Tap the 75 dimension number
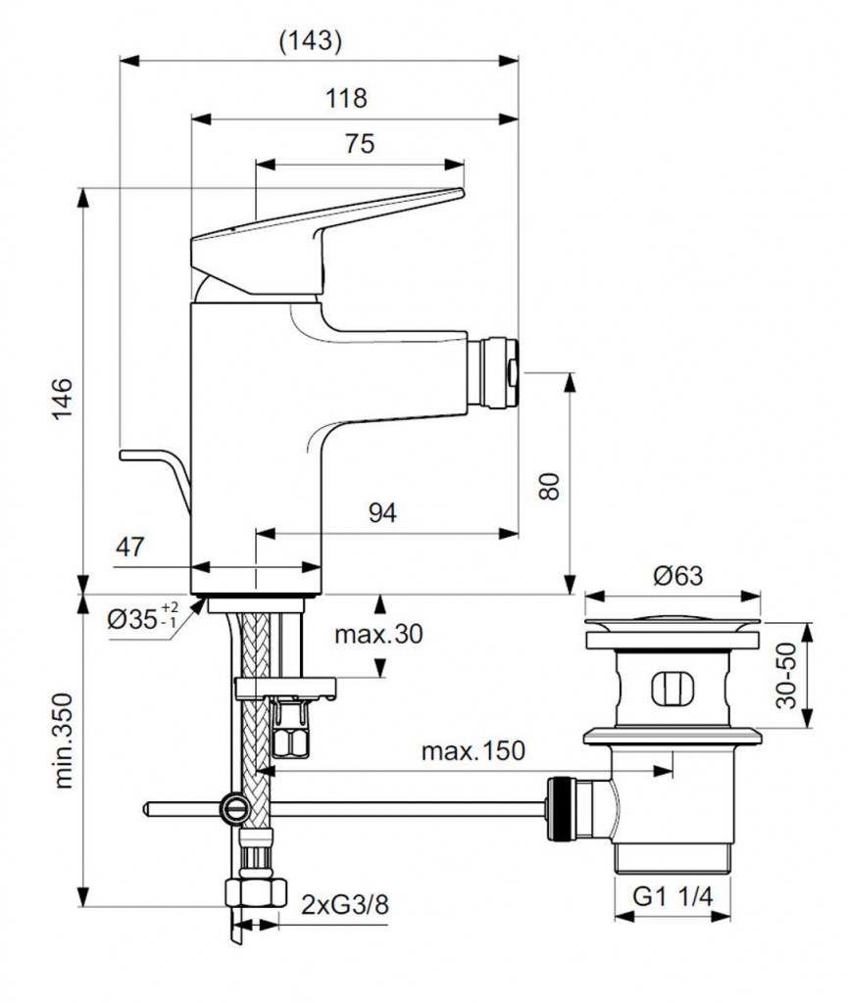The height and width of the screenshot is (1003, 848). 359,143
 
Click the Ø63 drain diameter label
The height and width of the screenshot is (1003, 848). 673,576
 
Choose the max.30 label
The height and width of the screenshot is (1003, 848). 378,634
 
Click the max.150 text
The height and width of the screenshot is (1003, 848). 473,751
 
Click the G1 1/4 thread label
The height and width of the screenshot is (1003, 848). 673,895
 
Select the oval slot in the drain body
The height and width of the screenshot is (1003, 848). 673,687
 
